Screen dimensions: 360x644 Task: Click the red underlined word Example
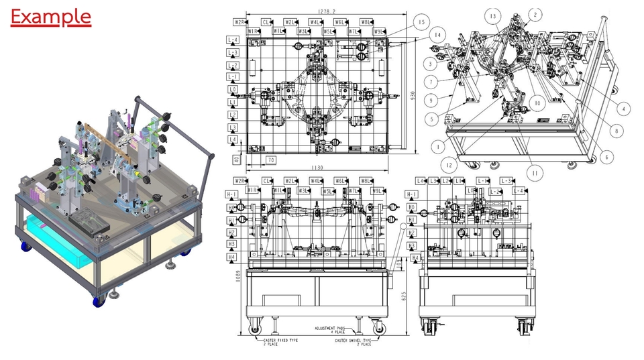(51, 16)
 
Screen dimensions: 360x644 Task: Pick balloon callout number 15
(421, 21)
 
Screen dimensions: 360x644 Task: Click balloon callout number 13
(494, 15)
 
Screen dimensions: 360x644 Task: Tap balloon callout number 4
(623, 108)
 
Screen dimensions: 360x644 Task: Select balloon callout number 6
(606, 157)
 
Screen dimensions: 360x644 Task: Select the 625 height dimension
(405, 296)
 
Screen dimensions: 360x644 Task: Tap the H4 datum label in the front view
(232, 257)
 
